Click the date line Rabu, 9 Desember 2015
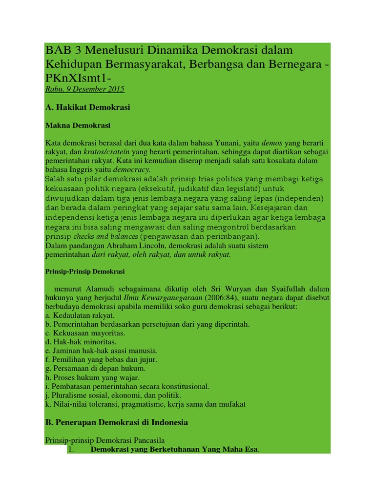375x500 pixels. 85,89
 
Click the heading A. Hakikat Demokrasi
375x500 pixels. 88,107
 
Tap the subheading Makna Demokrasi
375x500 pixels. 78,125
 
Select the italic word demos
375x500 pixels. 272,143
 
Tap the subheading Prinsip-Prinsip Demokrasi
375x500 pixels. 85,271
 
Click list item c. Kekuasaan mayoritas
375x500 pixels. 85,333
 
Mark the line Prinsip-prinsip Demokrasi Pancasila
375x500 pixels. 105,440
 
